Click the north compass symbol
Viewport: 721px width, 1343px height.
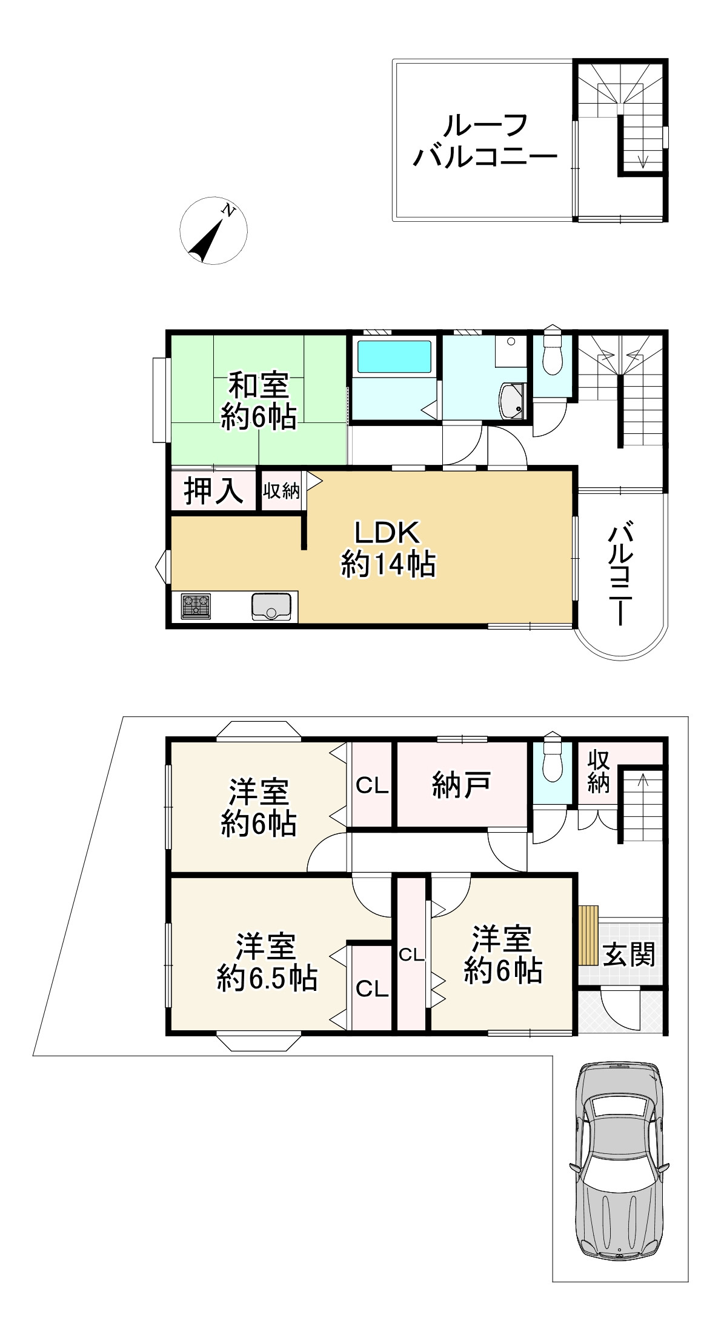213,231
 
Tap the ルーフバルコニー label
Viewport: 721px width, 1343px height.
485,141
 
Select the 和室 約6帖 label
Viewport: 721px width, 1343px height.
259,401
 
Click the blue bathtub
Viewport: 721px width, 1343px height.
394,356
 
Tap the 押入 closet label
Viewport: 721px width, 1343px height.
213,490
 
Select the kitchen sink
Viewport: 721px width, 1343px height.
271,607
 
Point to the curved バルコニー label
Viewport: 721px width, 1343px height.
620,576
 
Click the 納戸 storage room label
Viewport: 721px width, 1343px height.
461,785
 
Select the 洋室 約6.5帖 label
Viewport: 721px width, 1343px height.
267,962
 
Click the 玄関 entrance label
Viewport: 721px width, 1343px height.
630,955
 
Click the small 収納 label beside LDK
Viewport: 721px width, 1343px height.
281,490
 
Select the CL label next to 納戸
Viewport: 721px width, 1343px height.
371,785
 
